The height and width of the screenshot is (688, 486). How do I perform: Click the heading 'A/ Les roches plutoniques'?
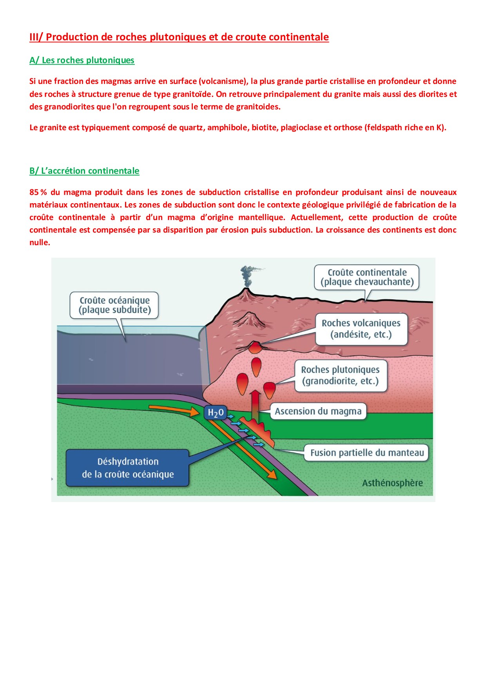click(x=82, y=60)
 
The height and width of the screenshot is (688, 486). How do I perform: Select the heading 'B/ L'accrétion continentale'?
click(x=84, y=171)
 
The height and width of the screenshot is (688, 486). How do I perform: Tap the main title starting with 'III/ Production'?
click(x=179, y=37)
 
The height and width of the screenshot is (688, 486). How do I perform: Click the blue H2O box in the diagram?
click(x=215, y=413)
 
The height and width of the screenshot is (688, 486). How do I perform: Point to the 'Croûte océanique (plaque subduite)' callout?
click(x=114, y=305)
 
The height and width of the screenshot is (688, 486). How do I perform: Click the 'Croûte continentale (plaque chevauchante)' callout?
click(x=367, y=277)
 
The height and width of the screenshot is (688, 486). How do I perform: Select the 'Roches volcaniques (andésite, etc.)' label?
click(x=361, y=329)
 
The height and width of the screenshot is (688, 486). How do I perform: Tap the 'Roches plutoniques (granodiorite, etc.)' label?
click(x=340, y=375)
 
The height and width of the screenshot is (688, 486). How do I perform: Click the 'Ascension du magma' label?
click(x=318, y=411)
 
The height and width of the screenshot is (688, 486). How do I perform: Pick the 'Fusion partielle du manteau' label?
click(x=366, y=453)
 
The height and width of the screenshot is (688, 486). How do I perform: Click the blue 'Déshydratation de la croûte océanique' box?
click(x=128, y=468)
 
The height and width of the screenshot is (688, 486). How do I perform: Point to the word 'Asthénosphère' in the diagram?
click(x=392, y=483)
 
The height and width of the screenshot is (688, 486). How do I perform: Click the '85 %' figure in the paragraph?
click(x=38, y=192)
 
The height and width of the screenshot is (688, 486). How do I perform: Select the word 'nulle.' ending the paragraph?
click(x=40, y=242)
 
